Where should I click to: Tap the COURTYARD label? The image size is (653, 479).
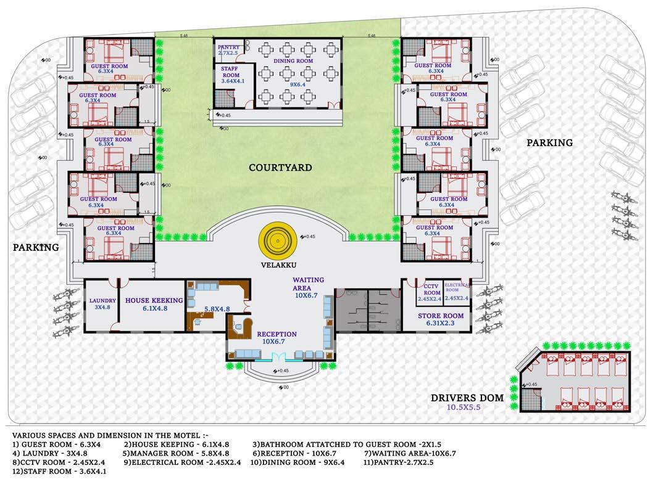point(280,168)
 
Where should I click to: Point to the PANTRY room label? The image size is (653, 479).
point(227,47)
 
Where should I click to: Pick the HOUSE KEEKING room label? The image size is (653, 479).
point(151,301)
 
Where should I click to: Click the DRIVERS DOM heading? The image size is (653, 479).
point(467,398)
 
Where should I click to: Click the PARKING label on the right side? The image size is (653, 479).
point(549,143)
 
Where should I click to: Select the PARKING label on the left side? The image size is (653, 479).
point(36,248)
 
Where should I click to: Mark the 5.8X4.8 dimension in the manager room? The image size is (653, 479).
point(217,308)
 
